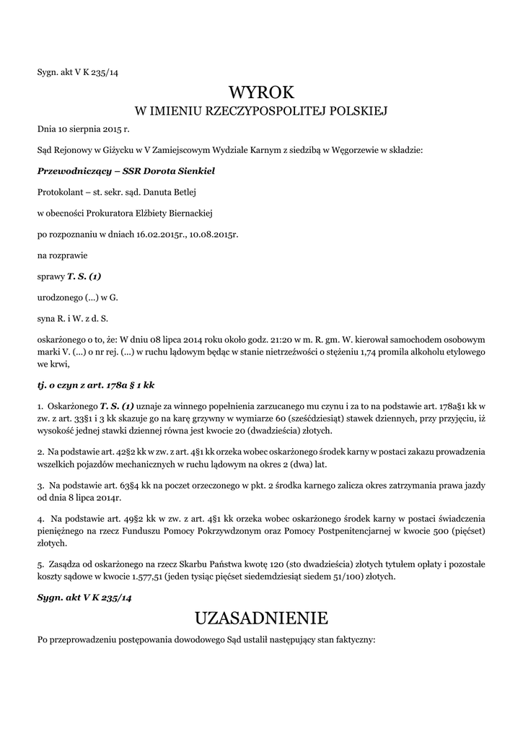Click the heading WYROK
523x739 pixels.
coord(261,92)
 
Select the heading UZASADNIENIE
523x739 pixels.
coord(261,618)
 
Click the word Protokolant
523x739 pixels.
coord(60,192)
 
